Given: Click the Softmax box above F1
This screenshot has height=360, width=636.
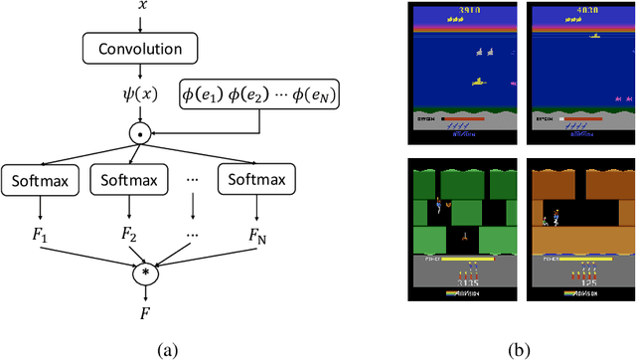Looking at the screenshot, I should tap(38, 180).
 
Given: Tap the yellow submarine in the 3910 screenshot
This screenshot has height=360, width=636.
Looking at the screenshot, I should tap(479, 82).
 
